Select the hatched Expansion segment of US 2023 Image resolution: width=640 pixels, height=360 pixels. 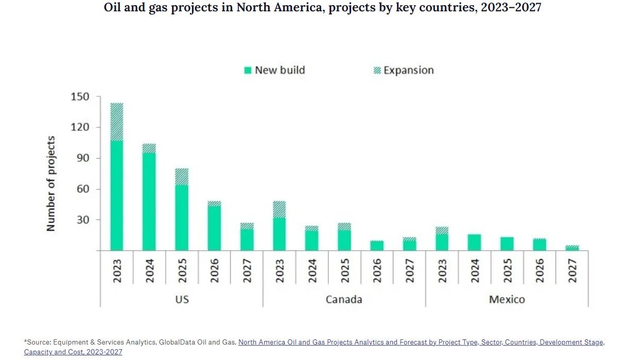tap(116, 122)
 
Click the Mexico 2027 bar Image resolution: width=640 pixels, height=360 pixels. tap(572, 248)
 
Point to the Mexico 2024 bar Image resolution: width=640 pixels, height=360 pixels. tap(474, 243)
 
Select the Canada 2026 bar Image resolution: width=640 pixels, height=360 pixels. tap(377, 246)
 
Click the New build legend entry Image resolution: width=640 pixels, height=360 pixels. tap(274, 70)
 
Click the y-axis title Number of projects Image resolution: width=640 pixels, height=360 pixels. tap(51, 183)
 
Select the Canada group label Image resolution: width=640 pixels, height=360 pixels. tap(344, 299)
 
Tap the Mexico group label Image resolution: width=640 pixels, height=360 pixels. tap(507, 299)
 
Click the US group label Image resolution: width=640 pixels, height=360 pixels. tap(181, 299)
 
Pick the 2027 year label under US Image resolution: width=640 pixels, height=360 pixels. tap(247, 270)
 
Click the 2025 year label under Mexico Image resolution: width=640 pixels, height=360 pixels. tap(507, 270)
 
